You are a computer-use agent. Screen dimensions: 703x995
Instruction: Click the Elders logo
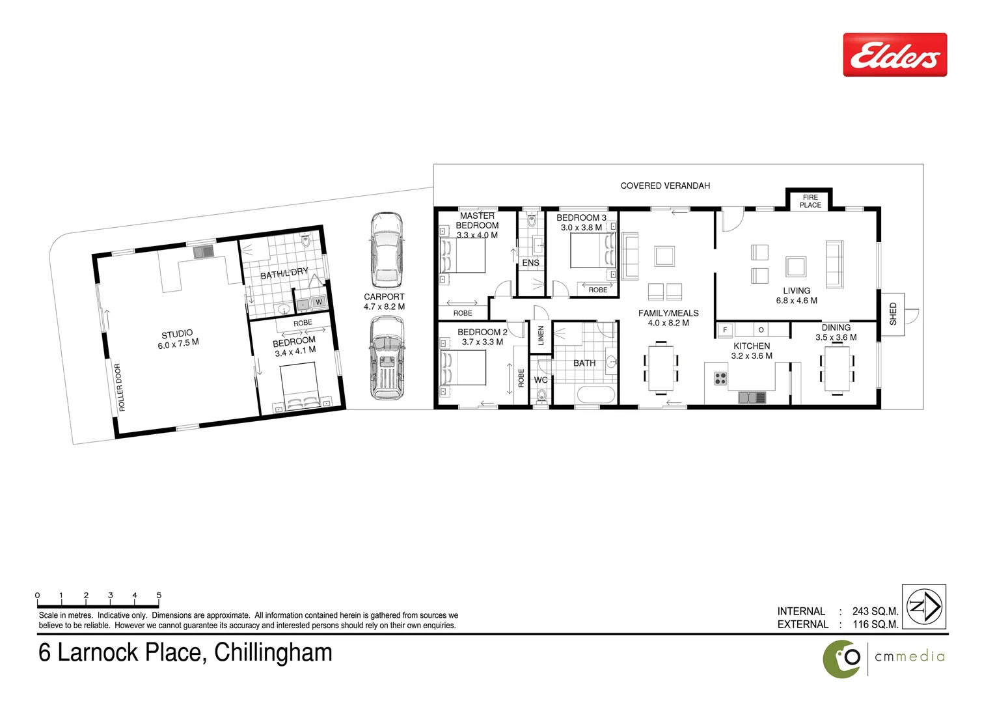coord(895,55)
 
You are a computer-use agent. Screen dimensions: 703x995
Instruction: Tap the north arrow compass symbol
coord(924,607)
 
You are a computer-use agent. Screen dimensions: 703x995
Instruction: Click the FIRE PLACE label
coord(810,201)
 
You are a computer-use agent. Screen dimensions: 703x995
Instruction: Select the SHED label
coord(893,314)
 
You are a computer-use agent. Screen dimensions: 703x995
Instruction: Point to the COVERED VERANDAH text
coord(665,186)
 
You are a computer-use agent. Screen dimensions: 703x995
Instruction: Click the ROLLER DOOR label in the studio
coord(120,387)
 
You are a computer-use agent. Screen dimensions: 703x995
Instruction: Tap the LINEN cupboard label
coord(540,336)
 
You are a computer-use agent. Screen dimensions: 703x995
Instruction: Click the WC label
coord(541,380)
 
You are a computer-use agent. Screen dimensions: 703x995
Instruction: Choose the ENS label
coord(530,263)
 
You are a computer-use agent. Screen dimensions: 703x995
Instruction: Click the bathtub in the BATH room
coord(595,395)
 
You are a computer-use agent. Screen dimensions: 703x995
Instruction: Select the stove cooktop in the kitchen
coord(720,378)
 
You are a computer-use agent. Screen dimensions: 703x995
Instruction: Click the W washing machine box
coord(319,302)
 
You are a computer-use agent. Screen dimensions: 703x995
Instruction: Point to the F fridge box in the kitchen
coord(725,330)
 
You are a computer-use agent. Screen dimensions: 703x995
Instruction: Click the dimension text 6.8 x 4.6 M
coord(797,301)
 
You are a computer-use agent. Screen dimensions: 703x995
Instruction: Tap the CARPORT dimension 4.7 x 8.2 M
coord(384,307)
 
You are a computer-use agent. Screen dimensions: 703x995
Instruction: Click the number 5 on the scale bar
coord(159,595)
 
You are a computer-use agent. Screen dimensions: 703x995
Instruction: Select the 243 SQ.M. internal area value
coord(875,611)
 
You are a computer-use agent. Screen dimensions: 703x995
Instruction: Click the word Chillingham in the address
coord(273,652)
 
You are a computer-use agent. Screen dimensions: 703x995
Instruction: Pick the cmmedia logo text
coord(909,657)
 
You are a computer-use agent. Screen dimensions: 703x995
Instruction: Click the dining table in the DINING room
coord(837,369)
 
